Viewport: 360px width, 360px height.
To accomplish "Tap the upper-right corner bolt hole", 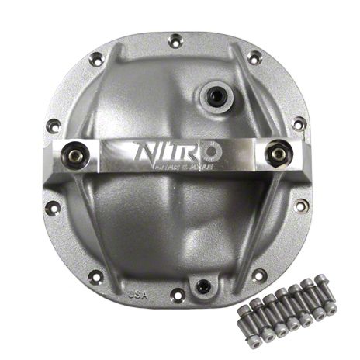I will coord(254,57).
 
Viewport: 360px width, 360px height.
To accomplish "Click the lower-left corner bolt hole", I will coord(95,275).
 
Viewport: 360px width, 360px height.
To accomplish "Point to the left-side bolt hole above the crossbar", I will coord(54,124).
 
